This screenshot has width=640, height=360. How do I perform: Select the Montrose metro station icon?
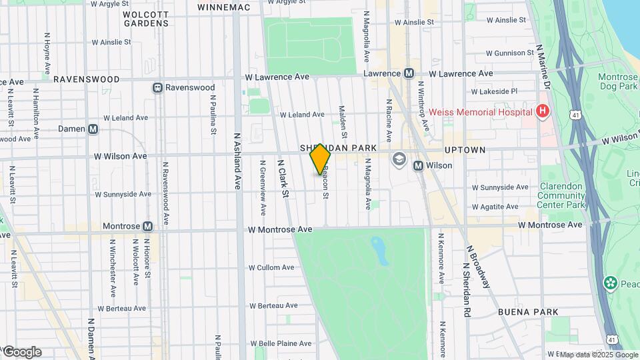pyautogui.click(x=147, y=227)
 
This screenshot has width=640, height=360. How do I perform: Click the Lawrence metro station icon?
pyautogui.click(x=409, y=73)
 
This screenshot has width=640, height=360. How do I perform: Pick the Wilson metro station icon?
pyautogui.click(x=418, y=165)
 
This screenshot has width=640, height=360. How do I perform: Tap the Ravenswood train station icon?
pyautogui.click(x=158, y=87)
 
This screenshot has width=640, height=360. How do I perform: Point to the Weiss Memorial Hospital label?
pyautogui.click(x=481, y=111)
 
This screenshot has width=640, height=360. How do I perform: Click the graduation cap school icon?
pyautogui.click(x=399, y=159)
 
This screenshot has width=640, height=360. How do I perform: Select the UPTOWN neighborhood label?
pyautogui.click(x=465, y=150)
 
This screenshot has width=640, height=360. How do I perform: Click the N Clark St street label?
pyautogui.click(x=283, y=179)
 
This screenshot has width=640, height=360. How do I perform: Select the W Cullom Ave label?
pyautogui.click(x=271, y=267)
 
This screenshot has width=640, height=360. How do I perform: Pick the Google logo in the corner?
pyautogui.click(x=21, y=351)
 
